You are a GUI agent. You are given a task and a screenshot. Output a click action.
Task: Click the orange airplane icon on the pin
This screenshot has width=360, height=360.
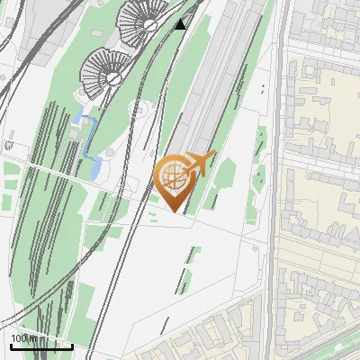click(201, 164)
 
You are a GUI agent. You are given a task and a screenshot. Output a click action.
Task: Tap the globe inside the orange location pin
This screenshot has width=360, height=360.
click(173, 175)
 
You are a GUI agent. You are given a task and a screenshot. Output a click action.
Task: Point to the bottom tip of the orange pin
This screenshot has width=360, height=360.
click(175, 211)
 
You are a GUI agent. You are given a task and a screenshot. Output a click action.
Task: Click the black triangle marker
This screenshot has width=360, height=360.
click(181, 23)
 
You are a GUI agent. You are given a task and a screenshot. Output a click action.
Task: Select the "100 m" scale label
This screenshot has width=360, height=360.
click(23, 337)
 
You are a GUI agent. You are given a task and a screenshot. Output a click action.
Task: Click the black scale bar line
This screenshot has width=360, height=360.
click(40, 346)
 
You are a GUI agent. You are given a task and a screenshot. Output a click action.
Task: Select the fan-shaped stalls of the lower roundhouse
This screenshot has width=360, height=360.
click(101, 70)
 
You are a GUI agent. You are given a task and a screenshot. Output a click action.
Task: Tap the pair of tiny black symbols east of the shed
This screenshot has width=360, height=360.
click(263, 88)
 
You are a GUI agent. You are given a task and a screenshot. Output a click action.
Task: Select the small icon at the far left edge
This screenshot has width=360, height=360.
click(8, 144)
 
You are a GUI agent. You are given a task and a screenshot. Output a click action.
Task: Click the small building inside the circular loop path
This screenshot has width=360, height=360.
click(139, 111)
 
